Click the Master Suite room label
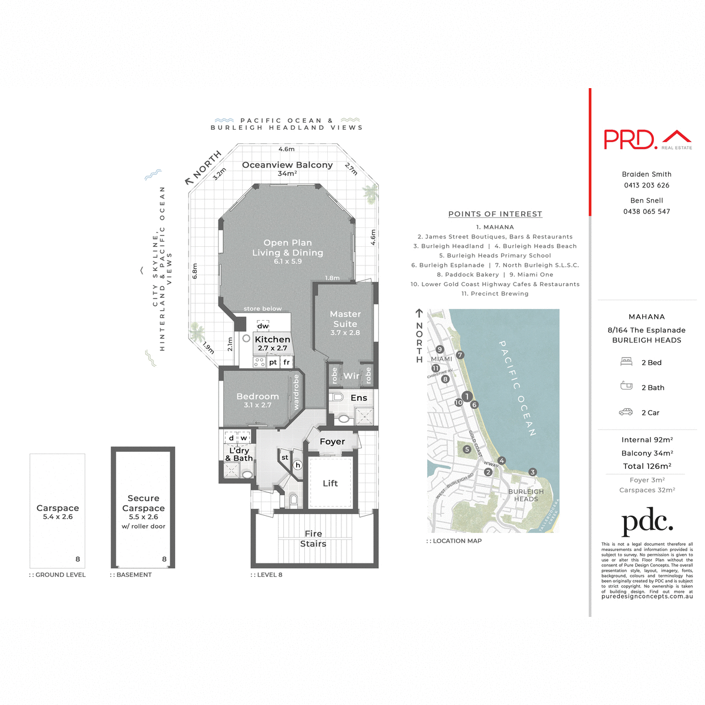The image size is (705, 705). tap(345, 319)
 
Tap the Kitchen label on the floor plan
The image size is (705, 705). tap(272, 339)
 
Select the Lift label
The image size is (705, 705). tap(330, 483)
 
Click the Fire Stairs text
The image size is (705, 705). tap(313, 538)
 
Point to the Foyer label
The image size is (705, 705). tap(332, 441)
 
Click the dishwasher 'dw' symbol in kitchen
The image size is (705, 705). tap(263, 325)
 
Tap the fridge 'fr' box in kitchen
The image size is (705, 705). tap(286, 362)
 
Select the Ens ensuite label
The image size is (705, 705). tap(358, 398)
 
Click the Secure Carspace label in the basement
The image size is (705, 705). tap(143, 503)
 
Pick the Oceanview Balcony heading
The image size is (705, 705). tap(287, 165)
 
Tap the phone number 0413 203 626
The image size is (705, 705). tap(646, 185)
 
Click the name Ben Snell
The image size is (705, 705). tap(646, 200)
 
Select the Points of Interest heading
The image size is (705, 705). tap(495, 214)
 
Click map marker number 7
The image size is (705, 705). tap(460, 355)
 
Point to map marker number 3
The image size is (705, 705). tap(532, 472)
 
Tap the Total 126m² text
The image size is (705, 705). tap(647, 466)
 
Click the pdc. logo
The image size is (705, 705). tap(647, 522)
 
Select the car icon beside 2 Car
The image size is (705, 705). tap(626, 412)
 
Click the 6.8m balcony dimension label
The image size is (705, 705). tap(195, 271)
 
